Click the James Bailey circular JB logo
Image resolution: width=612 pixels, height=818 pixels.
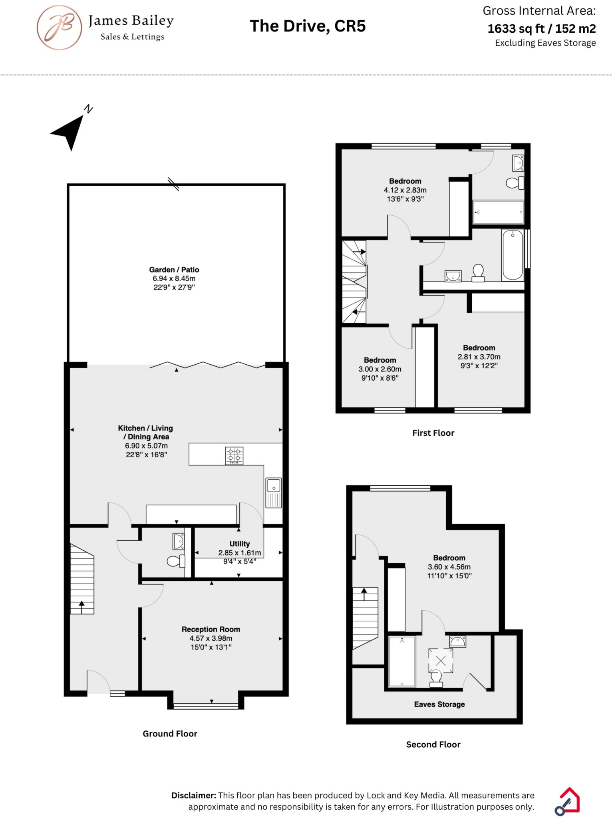[x=59, y=28]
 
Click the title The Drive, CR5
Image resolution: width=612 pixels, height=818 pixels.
[x=308, y=26]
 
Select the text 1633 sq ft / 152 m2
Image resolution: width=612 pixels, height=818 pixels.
[x=541, y=29]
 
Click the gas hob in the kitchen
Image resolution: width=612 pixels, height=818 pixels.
[x=234, y=455]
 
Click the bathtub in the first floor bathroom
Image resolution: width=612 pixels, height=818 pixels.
[x=513, y=255]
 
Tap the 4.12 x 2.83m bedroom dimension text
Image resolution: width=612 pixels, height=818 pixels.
[x=405, y=190]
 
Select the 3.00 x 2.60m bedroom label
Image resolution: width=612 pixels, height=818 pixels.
[x=380, y=369]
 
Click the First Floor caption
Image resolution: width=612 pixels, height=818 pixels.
[x=433, y=433]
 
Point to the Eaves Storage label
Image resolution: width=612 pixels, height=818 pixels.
[x=439, y=704]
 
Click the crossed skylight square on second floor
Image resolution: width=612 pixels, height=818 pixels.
[x=441, y=661]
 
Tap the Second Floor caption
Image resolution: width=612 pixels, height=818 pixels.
[x=433, y=745]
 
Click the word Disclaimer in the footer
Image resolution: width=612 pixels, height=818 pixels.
[x=194, y=795]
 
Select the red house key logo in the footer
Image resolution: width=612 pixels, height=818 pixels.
[x=568, y=801]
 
